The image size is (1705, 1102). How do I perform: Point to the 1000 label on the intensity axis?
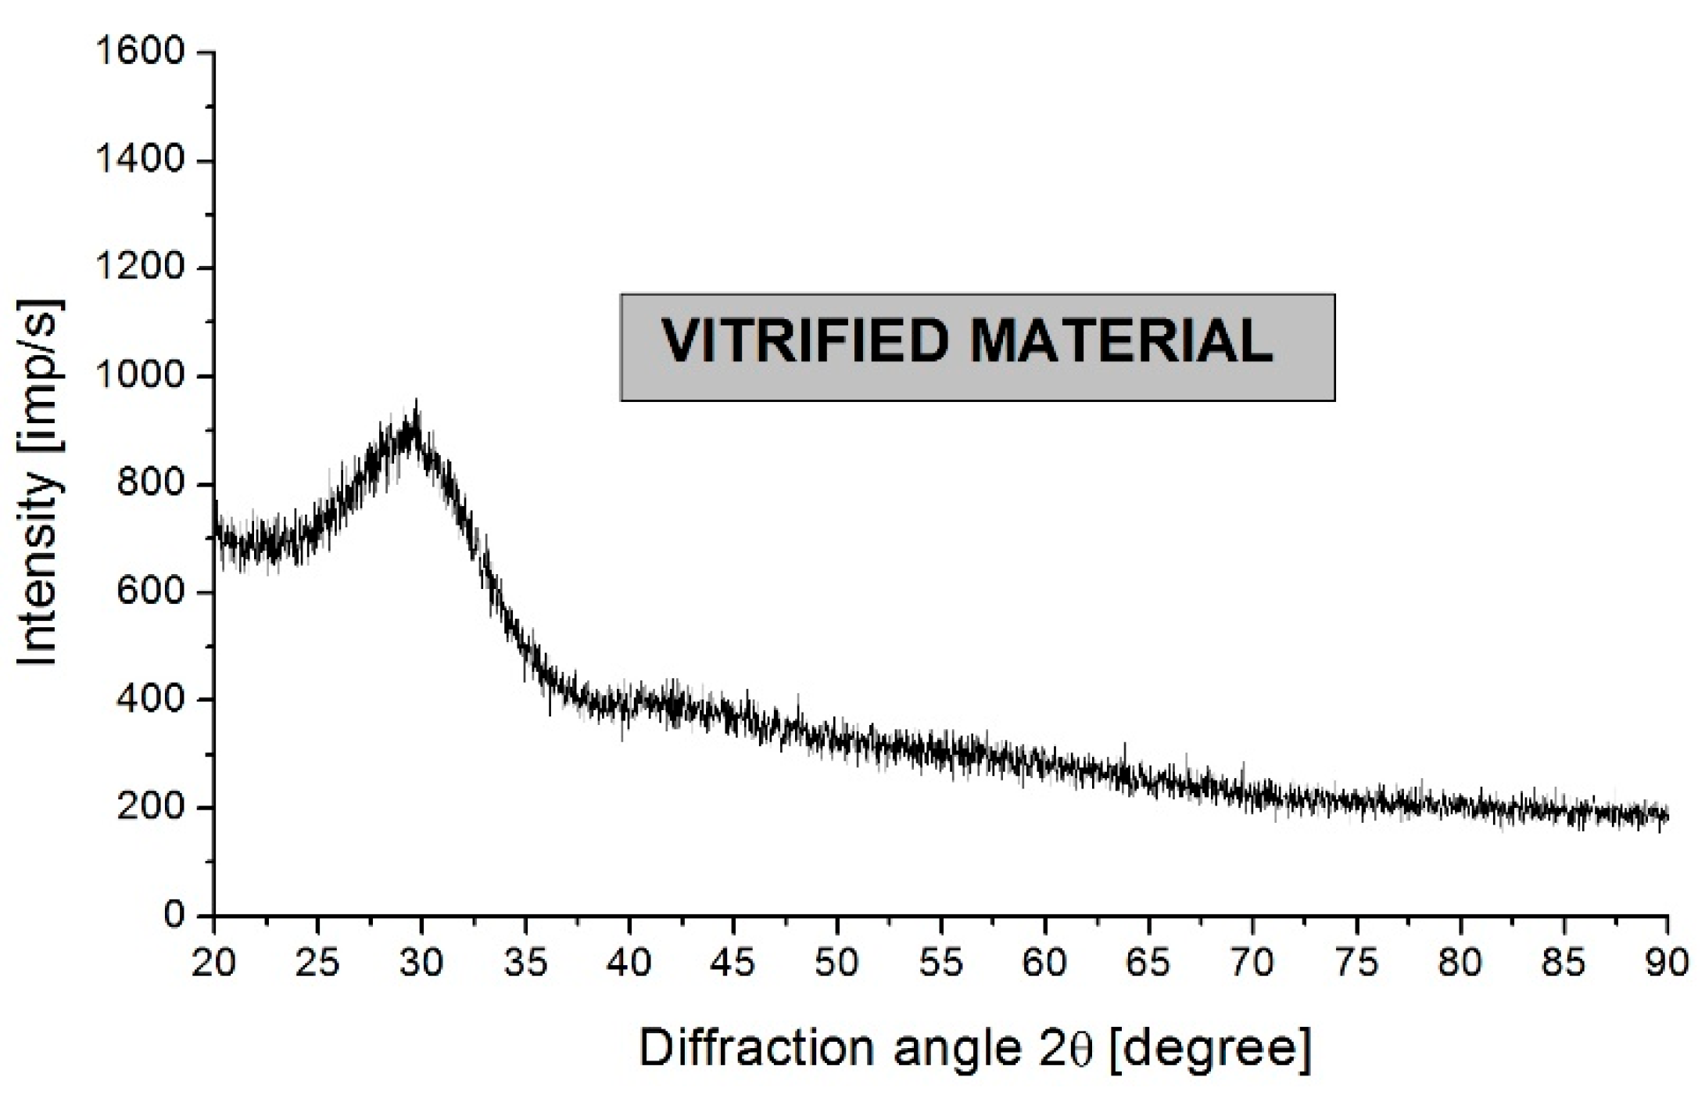138,376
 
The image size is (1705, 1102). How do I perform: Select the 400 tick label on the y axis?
150,699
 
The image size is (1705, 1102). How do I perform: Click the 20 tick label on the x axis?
213,962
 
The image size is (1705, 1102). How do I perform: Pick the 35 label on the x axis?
525,962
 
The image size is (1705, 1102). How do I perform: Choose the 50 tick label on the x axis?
836,962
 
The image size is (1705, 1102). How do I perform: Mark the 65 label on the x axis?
1148,962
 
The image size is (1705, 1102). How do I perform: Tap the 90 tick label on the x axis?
1667,962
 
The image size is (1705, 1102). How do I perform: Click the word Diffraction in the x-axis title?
755,1047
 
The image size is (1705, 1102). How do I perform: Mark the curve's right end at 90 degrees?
1667,817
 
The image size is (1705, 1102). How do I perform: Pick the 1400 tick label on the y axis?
138,160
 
